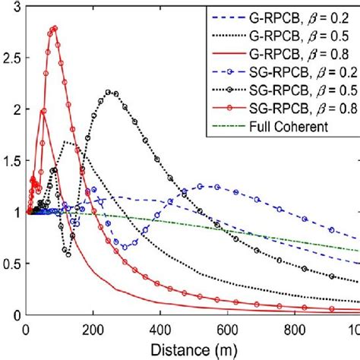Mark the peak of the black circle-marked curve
point(112,92)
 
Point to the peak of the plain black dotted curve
point(68,141)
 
